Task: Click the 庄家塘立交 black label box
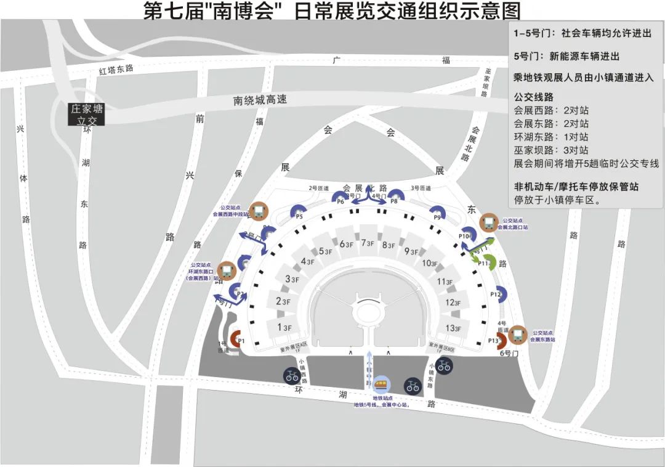[x=86, y=115]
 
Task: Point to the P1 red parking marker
[x=240, y=339]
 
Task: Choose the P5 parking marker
[x=300, y=213]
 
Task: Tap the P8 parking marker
[x=393, y=198]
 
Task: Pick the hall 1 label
[x=284, y=327]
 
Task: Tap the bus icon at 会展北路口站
[x=490, y=222]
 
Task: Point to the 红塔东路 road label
[x=116, y=69]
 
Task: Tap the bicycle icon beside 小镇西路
[x=291, y=375]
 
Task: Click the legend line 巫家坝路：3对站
[x=550, y=150]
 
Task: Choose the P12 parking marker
[x=498, y=295]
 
